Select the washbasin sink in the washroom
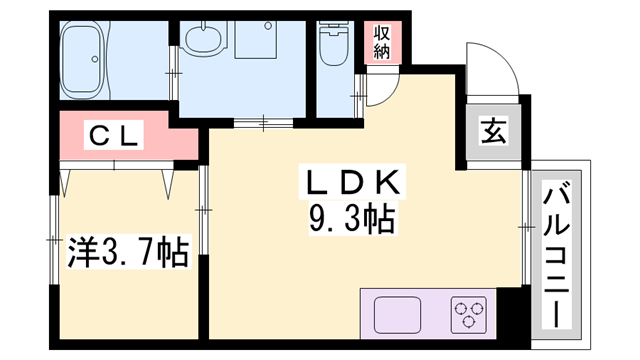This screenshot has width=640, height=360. coord(207,42)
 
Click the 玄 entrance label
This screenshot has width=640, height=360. coord(494,131)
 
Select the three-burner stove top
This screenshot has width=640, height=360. coord(469,316)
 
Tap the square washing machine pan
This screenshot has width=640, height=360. coord(264,44)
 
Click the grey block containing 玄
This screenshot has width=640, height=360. coord(494,131)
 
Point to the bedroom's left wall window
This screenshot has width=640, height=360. coord(51,240)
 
